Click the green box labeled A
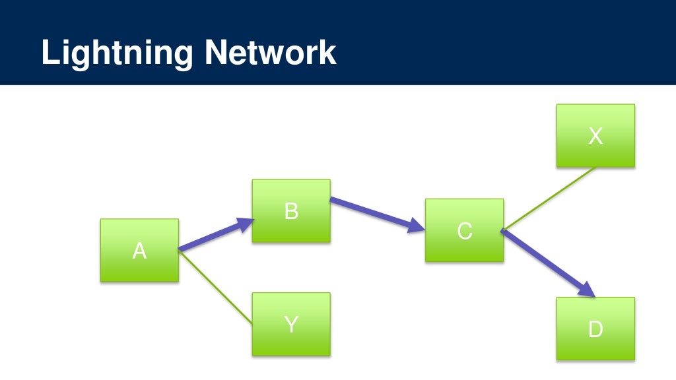(x=139, y=251)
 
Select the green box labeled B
(x=291, y=211)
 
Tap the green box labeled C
(x=464, y=230)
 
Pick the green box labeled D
(x=595, y=329)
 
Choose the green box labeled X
(x=595, y=135)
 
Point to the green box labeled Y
(x=291, y=324)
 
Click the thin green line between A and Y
(x=216, y=287)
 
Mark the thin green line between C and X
(x=549, y=198)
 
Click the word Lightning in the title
(x=116, y=53)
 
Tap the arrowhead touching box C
(x=417, y=226)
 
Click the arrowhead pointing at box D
(x=588, y=290)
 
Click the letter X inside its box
(x=595, y=136)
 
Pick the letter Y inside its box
(x=291, y=324)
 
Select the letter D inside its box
(x=595, y=329)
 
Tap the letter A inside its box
(x=139, y=251)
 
